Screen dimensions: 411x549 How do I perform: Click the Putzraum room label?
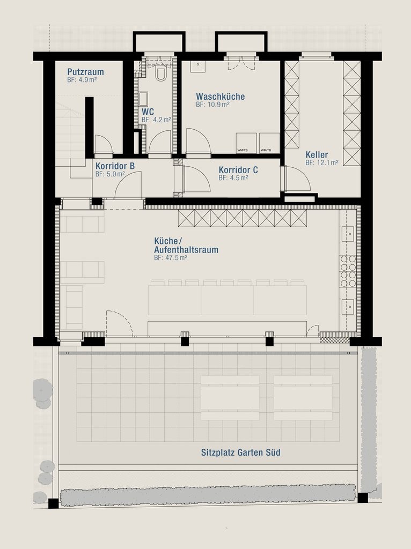(x=85, y=72)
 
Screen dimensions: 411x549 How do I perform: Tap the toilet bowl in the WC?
(x=161, y=73)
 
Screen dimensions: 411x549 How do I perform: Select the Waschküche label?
(x=221, y=97)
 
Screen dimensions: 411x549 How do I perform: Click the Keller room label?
(x=317, y=155)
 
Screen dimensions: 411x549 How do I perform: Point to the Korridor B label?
(x=115, y=166)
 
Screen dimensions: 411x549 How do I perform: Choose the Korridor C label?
(x=238, y=170)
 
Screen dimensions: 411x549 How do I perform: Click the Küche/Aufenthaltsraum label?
(x=186, y=246)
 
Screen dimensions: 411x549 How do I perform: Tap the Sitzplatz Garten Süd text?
(x=241, y=452)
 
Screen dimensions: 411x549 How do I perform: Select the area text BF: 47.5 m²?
(x=171, y=258)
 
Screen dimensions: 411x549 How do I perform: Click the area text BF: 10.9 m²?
(x=212, y=105)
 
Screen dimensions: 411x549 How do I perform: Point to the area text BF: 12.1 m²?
(x=321, y=162)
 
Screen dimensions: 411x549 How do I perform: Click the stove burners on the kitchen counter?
(x=348, y=271)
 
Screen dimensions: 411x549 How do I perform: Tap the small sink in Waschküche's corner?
(x=197, y=66)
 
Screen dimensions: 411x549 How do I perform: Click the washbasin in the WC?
(x=143, y=99)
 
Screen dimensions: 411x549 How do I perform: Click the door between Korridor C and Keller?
(x=297, y=179)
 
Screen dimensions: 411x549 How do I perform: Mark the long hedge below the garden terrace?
(x=208, y=495)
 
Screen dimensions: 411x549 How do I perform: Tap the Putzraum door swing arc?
(x=104, y=144)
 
